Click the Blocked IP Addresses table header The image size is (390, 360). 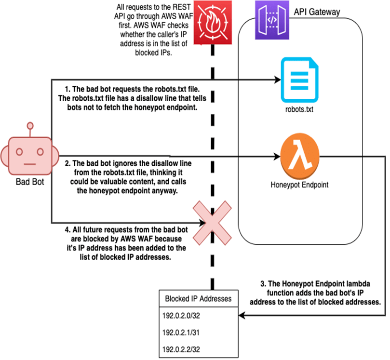198,298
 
